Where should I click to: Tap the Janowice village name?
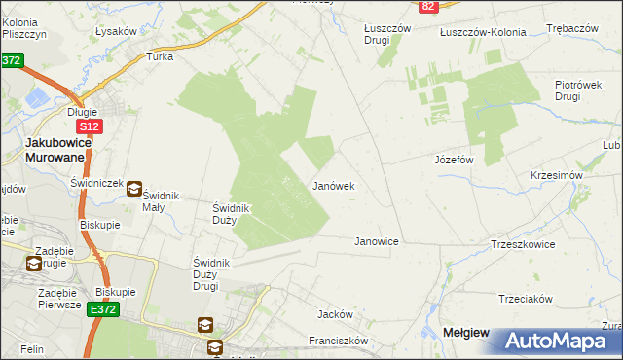377,240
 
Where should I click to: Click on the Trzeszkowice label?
523,244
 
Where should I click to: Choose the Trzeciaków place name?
526,299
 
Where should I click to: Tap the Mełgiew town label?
466,332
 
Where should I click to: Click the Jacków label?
334,314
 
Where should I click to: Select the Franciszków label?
338,341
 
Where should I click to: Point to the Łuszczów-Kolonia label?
483,32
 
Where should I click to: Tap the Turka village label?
160,56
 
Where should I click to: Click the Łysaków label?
116,31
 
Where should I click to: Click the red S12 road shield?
89,126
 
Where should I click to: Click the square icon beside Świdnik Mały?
134,190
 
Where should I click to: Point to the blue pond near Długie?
42,98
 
